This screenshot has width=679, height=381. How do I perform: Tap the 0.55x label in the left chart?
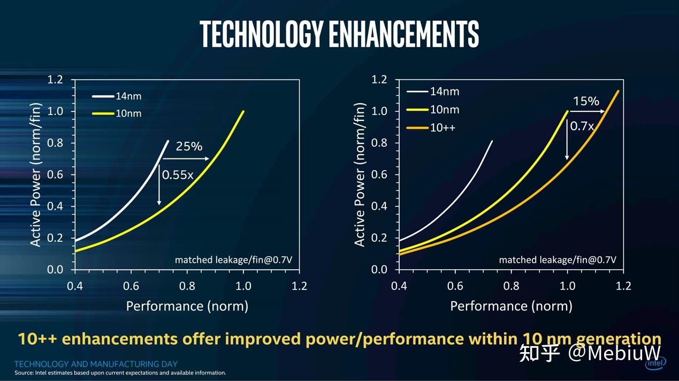177,174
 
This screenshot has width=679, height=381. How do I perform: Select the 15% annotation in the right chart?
586,101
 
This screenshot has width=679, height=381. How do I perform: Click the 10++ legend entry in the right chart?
442,128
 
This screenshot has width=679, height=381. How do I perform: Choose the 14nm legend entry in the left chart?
128,96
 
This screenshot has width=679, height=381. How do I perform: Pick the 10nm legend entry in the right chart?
445,110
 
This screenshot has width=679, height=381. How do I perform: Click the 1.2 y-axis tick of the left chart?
55,80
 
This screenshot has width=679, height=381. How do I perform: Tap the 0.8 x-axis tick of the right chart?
511,286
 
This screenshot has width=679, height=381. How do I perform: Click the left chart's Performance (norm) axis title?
187,306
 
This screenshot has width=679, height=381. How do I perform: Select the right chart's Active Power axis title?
360,174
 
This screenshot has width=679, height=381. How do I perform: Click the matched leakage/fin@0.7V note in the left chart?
233,260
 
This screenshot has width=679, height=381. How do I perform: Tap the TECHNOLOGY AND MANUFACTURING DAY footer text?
96,364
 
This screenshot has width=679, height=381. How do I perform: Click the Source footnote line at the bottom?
120,373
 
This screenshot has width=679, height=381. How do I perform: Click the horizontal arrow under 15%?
586,111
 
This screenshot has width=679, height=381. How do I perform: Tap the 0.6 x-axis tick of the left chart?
131,286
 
